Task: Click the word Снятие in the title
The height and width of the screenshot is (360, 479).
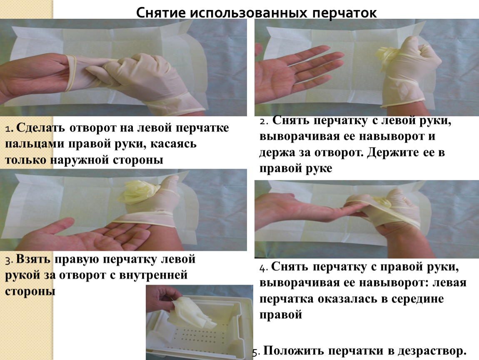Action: [161, 13]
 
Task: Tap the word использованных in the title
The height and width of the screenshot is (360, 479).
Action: [249, 13]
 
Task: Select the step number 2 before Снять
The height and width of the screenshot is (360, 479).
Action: [264, 121]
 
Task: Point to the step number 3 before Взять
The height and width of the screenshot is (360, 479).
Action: [9, 260]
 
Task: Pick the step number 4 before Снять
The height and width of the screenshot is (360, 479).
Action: [263, 268]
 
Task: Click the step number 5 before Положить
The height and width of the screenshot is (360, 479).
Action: [256, 352]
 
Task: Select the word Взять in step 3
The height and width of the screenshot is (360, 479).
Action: [33, 259]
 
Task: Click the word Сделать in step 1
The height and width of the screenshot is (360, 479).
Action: [40, 128]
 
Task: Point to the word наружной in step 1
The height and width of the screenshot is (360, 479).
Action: [79, 160]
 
